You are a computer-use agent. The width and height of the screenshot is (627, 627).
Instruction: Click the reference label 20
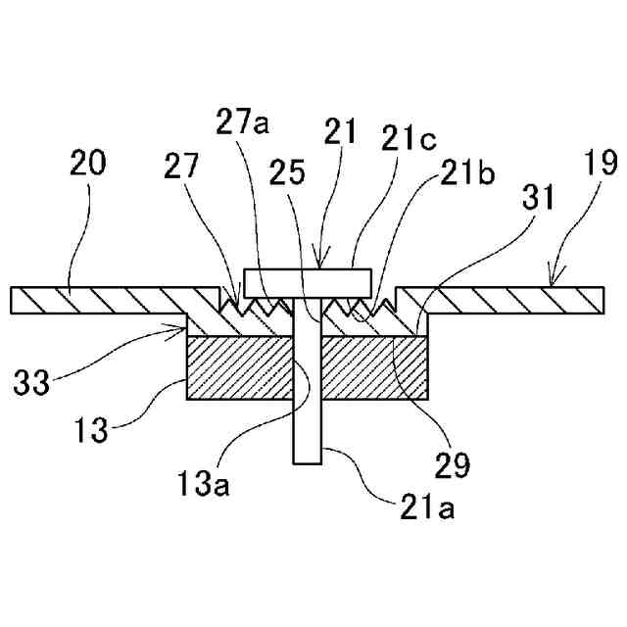pos(87,164)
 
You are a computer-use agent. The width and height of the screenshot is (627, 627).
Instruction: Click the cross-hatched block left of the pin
pos(240,369)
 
